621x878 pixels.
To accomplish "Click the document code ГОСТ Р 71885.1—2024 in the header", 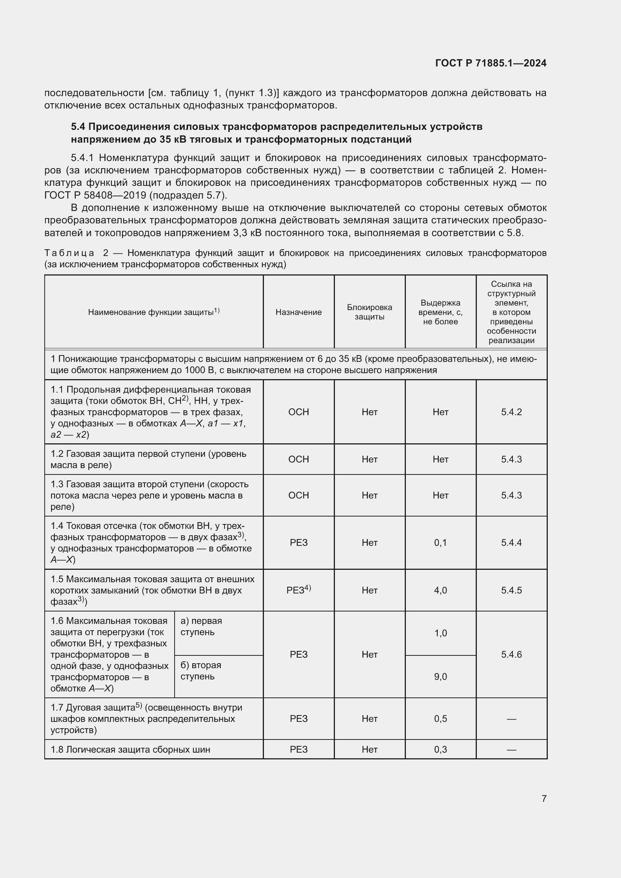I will point(491,63).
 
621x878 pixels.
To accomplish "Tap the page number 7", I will point(544,798).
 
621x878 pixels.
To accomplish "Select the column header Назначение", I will point(298,312).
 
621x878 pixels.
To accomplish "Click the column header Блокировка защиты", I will point(369,312).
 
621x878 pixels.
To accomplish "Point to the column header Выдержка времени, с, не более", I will point(440,312).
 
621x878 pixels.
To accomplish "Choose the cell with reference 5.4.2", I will point(511,412).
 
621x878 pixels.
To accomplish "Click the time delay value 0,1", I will point(440,542).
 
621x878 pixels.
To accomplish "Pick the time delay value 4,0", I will point(440,590).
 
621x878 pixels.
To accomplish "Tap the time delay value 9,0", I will point(440,676).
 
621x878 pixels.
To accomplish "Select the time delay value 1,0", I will point(440,633).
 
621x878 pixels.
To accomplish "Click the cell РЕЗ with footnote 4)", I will point(298,590).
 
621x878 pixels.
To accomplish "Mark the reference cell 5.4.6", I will point(511,654).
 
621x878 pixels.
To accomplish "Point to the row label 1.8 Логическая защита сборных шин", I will point(130,749).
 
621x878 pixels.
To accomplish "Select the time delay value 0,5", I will point(440,718).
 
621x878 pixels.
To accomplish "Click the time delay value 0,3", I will point(440,749).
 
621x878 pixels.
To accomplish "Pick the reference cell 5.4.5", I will point(511,590).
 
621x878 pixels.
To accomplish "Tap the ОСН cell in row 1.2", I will point(298,459).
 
